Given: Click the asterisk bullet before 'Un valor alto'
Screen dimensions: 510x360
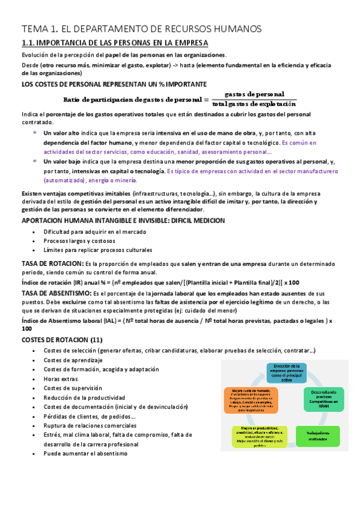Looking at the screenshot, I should (x=34, y=133).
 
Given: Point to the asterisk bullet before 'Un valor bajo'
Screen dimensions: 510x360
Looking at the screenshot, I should (x=34, y=162).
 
